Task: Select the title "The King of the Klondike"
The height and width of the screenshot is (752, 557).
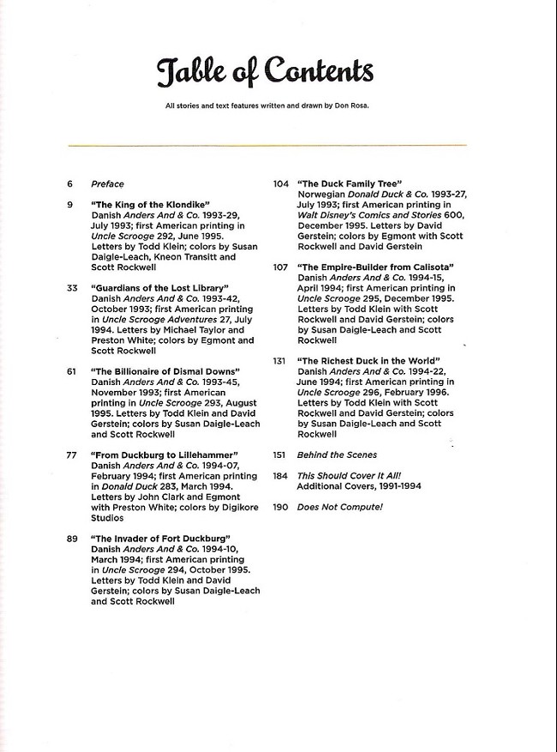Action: tap(151, 205)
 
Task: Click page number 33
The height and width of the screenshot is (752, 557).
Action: tap(72, 287)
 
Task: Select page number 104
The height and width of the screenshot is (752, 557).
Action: tap(280, 183)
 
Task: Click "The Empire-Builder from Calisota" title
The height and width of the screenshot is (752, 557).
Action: tap(375, 268)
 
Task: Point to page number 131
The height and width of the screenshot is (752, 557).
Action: tap(279, 360)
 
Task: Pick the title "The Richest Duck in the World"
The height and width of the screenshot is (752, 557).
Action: tap(368, 360)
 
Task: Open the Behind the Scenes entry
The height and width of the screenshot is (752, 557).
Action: tap(336, 454)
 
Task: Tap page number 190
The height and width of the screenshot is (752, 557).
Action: tap(280, 507)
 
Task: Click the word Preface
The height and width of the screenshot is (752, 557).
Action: tap(108, 183)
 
